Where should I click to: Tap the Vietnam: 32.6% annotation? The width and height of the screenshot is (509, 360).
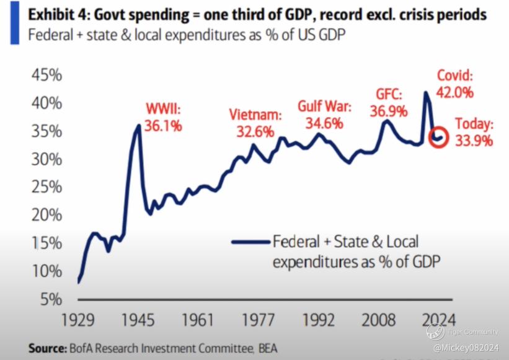(255, 123)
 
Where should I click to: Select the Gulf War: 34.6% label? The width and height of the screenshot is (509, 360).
(324, 115)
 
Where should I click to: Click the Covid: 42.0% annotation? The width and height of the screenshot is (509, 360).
(454, 84)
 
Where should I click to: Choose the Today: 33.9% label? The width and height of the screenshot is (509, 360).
(473, 132)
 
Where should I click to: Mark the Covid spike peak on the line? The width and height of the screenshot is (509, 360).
(425, 92)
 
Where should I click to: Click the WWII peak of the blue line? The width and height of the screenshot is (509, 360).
(138, 125)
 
